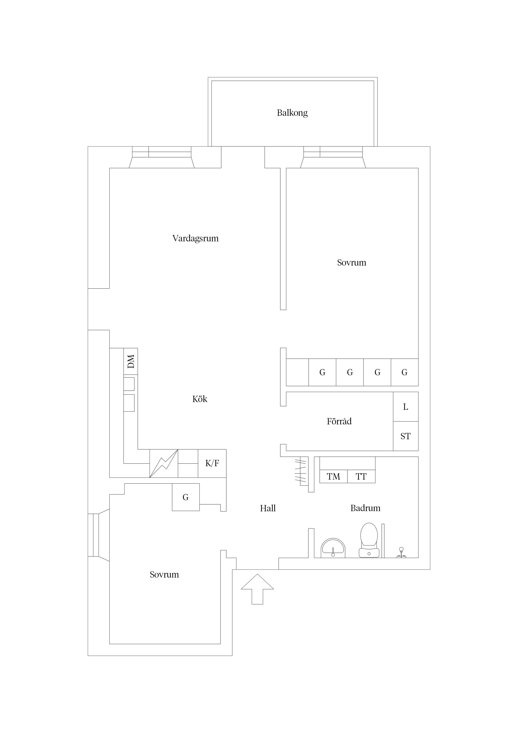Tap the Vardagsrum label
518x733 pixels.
tap(195, 238)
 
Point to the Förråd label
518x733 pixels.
tap(339, 421)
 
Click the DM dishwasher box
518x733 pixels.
tap(131, 361)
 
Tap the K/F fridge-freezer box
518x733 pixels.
tap(212, 463)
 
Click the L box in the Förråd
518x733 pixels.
tap(406, 407)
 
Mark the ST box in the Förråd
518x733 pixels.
tap(406, 436)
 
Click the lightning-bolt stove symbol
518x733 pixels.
tap(164, 463)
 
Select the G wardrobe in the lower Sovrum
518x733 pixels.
tap(186, 497)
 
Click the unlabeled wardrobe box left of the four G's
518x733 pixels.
tap(297, 372)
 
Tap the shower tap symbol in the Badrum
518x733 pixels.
tap(401, 553)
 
